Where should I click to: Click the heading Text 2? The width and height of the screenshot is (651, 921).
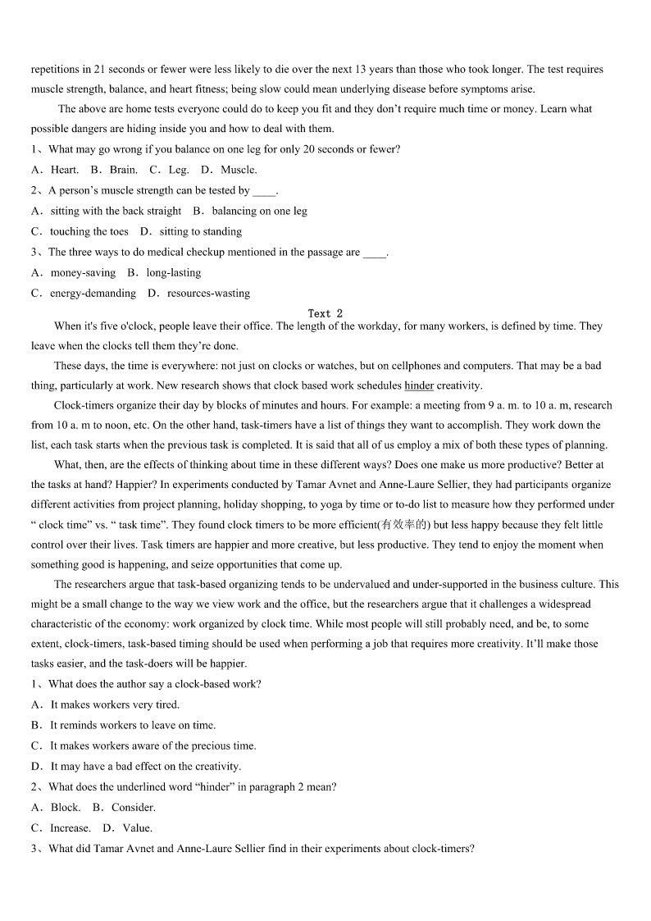pyautogui.click(x=325, y=313)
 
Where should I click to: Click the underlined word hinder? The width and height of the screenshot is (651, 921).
pyautogui.click(x=419, y=385)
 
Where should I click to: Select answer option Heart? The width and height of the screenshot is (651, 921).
pyautogui.click(x=65, y=170)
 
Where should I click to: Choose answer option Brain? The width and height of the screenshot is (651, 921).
pyautogui.click(x=123, y=170)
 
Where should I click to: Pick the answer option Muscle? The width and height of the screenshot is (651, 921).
pyautogui.click(x=239, y=170)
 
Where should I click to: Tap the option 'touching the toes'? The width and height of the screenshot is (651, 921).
pyautogui.click(x=89, y=231)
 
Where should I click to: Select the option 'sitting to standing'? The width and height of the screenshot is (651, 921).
pyautogui.click(x=200, y=231)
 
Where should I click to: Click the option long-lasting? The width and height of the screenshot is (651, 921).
pyautogui.click(x=173, y=272)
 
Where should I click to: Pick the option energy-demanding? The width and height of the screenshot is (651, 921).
pyautogui.click(x=93, y=293)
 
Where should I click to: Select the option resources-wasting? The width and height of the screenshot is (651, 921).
pyautogui.click(x=208, y=293)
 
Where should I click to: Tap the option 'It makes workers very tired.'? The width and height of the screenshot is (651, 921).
pyautogui.click(x=115, y=704)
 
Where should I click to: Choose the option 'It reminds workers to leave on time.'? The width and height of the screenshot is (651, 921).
pyautogui.click(x=133, y=725)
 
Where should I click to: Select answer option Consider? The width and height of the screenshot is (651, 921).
pyautogui.click(x=133, y=807)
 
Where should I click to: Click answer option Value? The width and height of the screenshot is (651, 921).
pyautogui.click(x=137, y=828)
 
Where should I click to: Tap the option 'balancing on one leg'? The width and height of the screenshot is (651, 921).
pyautogui.click(x=259, y=211)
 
